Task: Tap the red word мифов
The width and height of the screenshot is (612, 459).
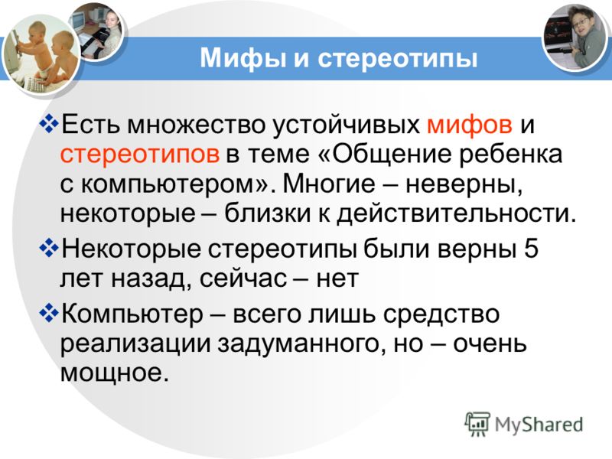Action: [470, 125]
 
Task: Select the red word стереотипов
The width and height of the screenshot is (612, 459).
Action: [140, 155]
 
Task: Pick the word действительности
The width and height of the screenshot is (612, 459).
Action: [457, 213]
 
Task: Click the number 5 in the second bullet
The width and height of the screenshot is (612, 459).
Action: [531, 248]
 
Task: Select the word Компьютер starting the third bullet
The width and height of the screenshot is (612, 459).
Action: [132, 314]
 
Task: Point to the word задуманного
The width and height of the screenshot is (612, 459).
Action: [298, 343]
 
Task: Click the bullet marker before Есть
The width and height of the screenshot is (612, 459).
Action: [49, 125]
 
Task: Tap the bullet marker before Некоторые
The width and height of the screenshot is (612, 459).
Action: [49, 248]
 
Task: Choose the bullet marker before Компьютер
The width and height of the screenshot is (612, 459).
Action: [49, 314]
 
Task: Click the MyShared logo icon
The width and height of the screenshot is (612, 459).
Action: [477, 424]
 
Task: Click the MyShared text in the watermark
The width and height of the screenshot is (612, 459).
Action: [539, 425]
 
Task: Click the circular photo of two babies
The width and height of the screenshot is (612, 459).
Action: [41, 54]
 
